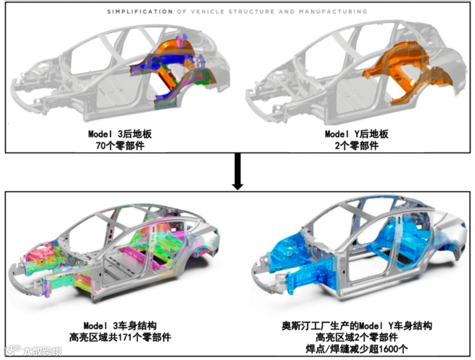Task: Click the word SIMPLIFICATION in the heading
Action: pos(140,11)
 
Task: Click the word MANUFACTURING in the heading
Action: pos(332,11)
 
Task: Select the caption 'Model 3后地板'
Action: pos(120,133)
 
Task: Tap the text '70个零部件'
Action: pos(120,145)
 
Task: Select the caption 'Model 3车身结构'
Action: pos(120,326)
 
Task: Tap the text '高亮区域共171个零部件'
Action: pos(120,338)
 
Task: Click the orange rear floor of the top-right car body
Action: pos(396,70)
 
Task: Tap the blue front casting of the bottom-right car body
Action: pos(299,268)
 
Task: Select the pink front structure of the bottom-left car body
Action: pos(40,255)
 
